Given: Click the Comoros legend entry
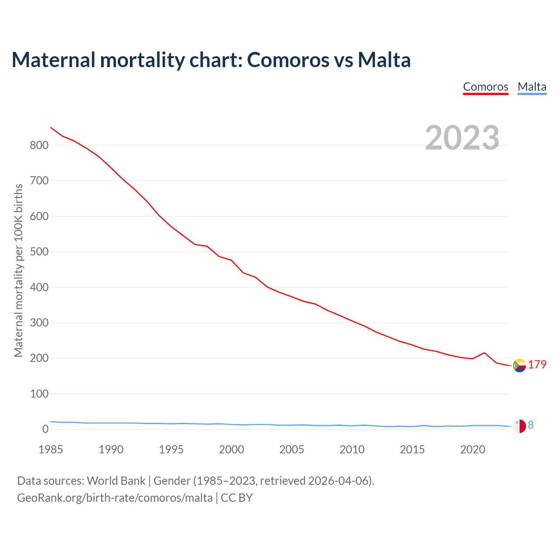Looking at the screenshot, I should point(486,87).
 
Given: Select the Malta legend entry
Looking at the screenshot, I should point(532,87).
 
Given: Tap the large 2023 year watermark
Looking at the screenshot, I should point(462,138).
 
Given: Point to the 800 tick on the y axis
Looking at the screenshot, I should point(39,145).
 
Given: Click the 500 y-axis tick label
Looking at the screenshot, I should point(39,252).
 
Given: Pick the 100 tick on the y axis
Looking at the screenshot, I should point(39,394).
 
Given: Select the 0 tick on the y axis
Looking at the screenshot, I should point(45,429).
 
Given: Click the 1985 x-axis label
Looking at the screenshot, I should point(51,449).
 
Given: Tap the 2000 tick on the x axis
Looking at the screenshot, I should point(231,449).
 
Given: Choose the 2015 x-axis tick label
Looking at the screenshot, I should point(412,449).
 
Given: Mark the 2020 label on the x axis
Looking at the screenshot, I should point(473,449).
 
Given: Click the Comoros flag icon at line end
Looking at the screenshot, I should point(519,365).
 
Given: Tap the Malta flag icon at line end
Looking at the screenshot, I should point(519,426).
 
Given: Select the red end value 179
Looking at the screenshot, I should point(537,365).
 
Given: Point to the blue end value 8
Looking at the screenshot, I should point(531,425).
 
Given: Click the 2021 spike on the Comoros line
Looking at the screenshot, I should point(484,353).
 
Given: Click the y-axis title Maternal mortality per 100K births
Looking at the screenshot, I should point(18,270).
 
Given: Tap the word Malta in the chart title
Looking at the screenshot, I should point(384,60).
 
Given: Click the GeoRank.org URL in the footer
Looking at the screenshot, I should point(115,497).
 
